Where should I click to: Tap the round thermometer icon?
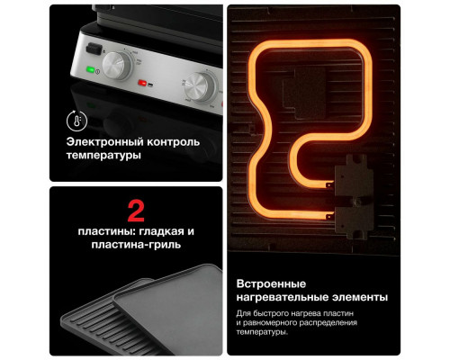pos(77,121)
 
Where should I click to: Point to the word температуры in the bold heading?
pos(103,157)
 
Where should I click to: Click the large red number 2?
pos(136,212)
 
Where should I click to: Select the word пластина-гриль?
pos(134,245)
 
